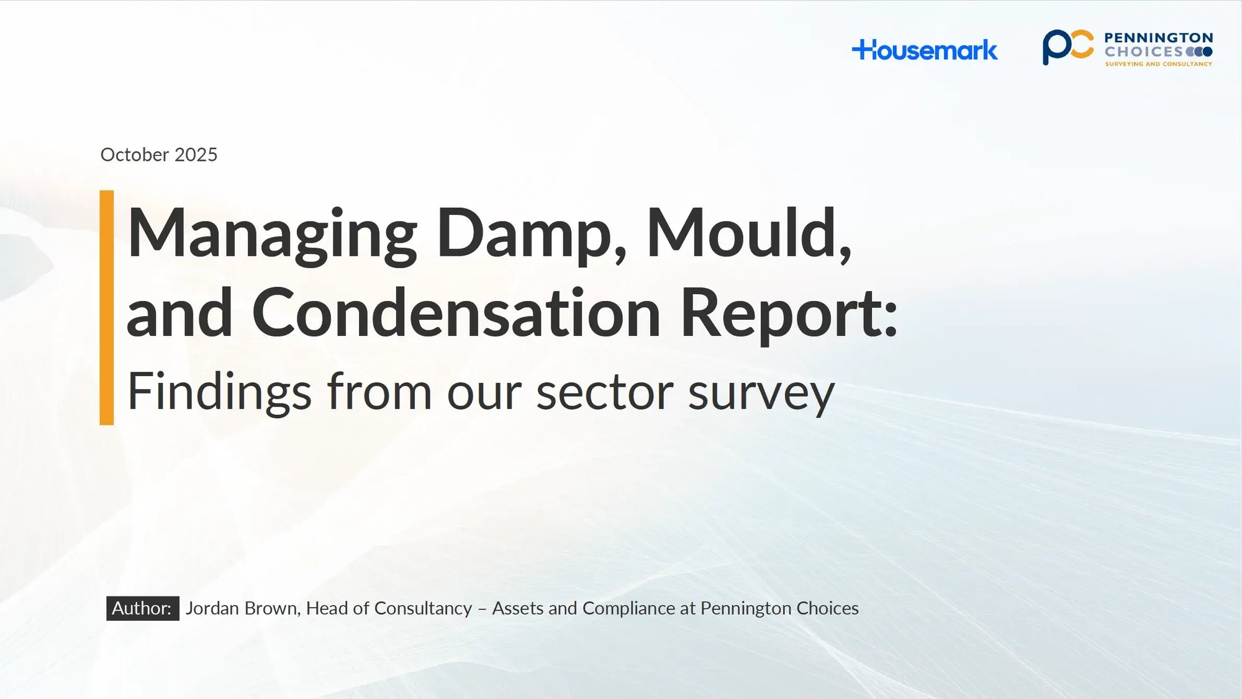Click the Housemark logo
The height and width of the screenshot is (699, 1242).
tap(925, 50)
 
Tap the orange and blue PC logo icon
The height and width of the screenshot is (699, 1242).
tap(1067, 47)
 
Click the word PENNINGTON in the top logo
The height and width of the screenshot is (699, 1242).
tap(1158, 38)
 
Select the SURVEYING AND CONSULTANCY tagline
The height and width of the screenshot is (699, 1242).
tap(1158, 64)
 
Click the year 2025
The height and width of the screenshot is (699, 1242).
tap(196, 155)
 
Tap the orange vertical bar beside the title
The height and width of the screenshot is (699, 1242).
tap(107, 308)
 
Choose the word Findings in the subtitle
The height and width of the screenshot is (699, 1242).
tap(219, 392)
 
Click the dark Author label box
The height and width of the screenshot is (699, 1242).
tap(142, 608)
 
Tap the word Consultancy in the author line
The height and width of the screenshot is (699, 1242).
tap(423, 608)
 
